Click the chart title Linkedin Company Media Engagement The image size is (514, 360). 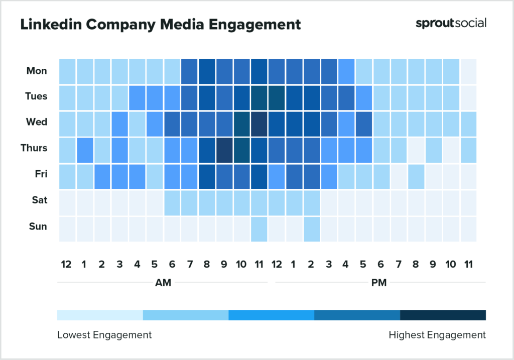tap(161, 24)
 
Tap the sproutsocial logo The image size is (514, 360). tap(451, 23)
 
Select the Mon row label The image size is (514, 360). tap(37, 71)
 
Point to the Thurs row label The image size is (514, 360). tap(34, 148)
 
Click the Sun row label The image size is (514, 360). tap(38, 226)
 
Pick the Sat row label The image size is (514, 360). tap(39, 200)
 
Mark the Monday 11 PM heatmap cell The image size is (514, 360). tap(468, 71)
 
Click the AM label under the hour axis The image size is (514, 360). tap(163, 283)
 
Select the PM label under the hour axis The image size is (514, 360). tap(379, 283)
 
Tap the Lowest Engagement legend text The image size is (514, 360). tap(104, 335)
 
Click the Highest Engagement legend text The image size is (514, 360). tap(437, 335)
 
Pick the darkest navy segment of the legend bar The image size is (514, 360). tap(443, 315)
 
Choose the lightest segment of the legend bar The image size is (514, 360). tap(100, 315)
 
